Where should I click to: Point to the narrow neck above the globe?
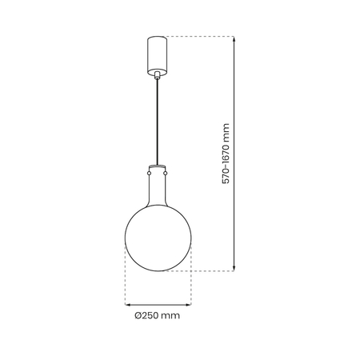coord(159,186)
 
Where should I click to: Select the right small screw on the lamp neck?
coord(168,170)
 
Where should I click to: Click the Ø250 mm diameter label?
coord(158,316)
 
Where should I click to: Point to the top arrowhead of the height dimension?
coord(234,39)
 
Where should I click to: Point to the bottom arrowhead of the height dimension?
coord(234,268)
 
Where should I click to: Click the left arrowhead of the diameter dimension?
coord(127,304)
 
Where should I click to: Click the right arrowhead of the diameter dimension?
coord(190,304)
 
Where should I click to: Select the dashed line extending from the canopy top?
coord(200,36)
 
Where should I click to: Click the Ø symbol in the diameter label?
coord(138,316)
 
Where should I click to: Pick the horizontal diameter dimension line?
coord(159,304)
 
